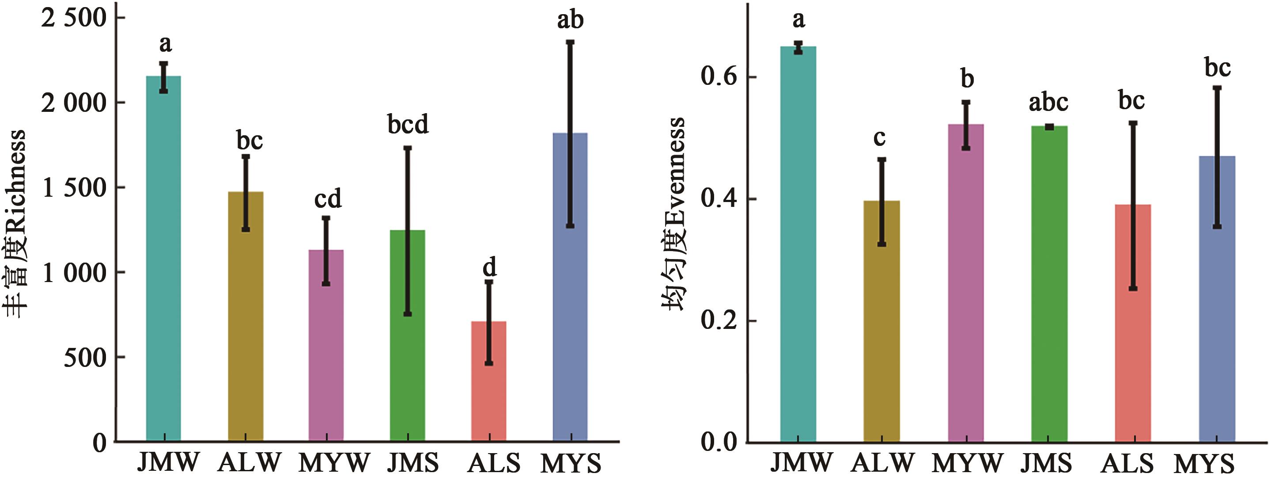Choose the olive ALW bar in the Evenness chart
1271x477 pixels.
coord(882,321)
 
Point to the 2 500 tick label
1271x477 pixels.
coord(74,18)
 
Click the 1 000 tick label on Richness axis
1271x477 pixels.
coord(74,273)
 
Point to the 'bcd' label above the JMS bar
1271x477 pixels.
coord(408,124)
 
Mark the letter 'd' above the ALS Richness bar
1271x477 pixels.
coord(489,267)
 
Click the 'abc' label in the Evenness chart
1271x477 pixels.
coord(1048,103)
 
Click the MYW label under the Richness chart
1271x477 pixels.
coord(334,463)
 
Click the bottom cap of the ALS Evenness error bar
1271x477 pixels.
coord(1133,288)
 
